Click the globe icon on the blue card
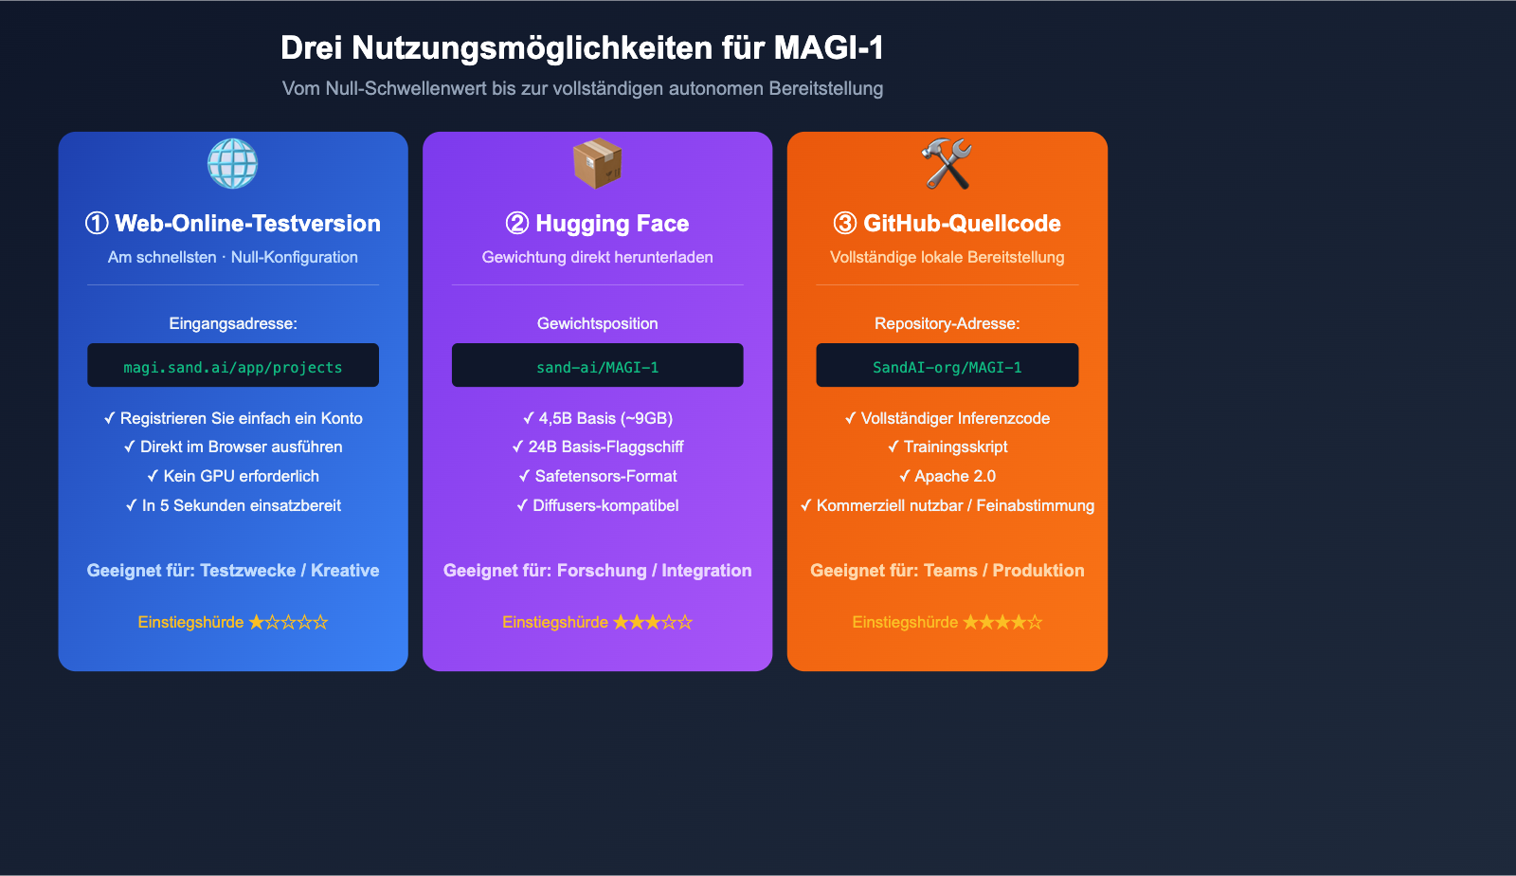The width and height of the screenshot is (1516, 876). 232,163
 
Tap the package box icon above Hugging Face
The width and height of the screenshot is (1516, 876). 597,163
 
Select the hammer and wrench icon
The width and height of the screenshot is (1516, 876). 947,163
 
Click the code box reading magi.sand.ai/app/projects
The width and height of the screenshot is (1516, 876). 233,366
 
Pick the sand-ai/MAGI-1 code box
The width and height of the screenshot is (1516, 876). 597,366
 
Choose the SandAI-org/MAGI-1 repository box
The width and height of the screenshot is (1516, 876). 947,366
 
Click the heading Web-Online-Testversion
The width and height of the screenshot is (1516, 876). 247,224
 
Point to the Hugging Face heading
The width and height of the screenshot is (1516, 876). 612,224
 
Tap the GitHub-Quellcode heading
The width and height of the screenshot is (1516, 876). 962,224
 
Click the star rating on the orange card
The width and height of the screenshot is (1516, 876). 1002,622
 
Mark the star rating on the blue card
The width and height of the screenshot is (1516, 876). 288,622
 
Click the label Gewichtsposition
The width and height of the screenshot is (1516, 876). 597,323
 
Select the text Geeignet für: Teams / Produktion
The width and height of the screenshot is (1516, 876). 947,571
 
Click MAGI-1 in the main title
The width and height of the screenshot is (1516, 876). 828,47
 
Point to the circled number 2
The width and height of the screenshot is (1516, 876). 517,224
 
